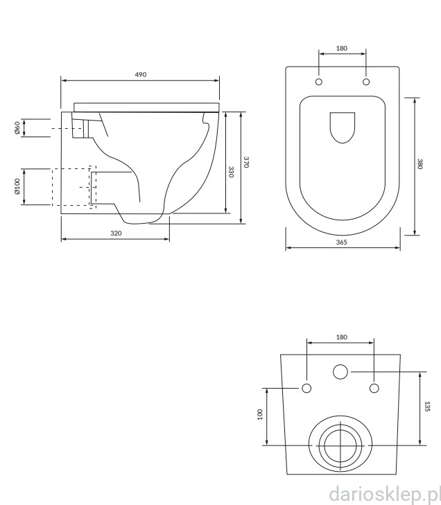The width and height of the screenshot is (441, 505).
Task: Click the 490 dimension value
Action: point(140,74)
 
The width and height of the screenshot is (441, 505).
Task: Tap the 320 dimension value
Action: point(116,233)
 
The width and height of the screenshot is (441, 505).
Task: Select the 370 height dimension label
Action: point(246,162)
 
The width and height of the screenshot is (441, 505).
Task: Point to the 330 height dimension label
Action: point(231,172)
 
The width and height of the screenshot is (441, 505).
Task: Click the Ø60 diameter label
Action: point(17,128)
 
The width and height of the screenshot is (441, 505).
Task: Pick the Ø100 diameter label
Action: point(17,186)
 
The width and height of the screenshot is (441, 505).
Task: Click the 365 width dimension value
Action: point(341,242)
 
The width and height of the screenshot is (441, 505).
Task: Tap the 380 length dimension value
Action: point(420,164)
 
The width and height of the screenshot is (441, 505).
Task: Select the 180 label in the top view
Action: point(341,48)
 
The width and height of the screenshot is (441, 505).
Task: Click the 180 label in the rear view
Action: point(341,337)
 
